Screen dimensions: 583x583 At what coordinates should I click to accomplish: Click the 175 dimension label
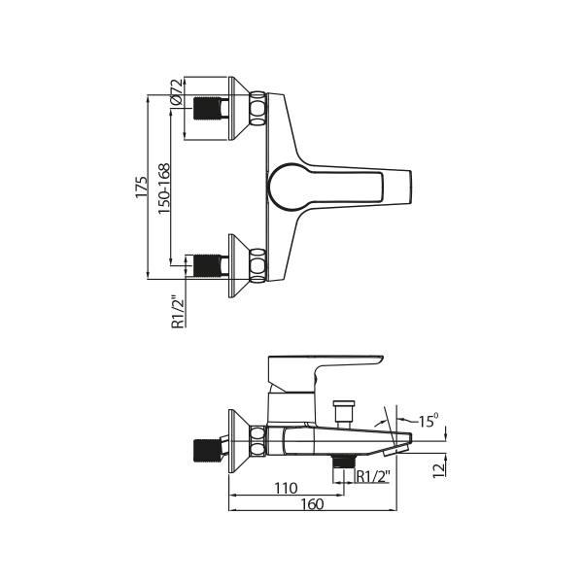[142, 187]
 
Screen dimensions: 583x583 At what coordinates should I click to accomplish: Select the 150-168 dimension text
[164, 189]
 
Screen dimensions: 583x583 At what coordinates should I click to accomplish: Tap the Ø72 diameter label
[176, 91]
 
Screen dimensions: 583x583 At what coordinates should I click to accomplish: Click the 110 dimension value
[286, 488]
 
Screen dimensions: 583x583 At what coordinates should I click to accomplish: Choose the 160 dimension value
[312, 504]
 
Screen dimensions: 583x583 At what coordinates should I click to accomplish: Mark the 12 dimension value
[439, 470]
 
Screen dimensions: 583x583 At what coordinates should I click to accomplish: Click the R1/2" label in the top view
[178, 312]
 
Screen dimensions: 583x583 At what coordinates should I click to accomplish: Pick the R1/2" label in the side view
[373, 476]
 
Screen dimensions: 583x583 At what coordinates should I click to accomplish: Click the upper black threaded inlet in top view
[207, 108]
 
